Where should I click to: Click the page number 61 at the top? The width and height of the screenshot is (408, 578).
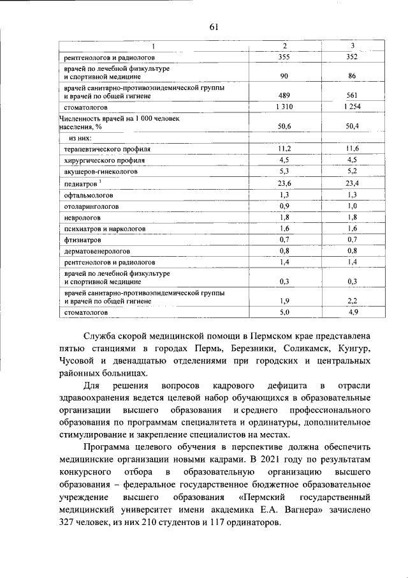coord(213,26)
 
